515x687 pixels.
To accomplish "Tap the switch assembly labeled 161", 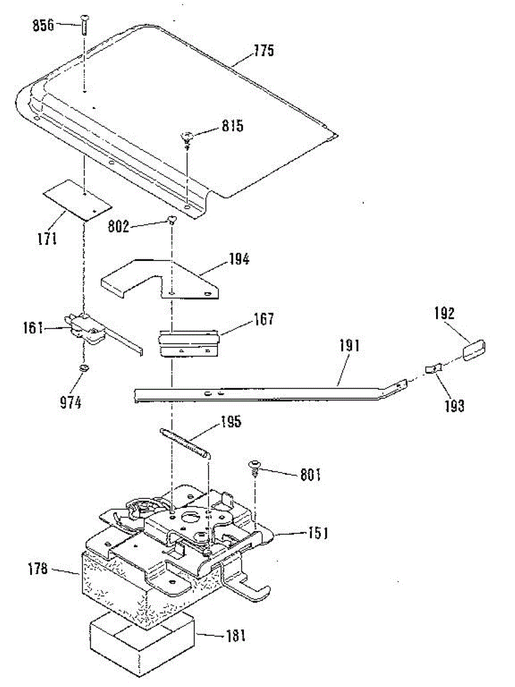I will click(86, 329).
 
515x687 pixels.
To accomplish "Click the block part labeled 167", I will click(189, 342).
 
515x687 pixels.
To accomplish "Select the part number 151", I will click(315, 533).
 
